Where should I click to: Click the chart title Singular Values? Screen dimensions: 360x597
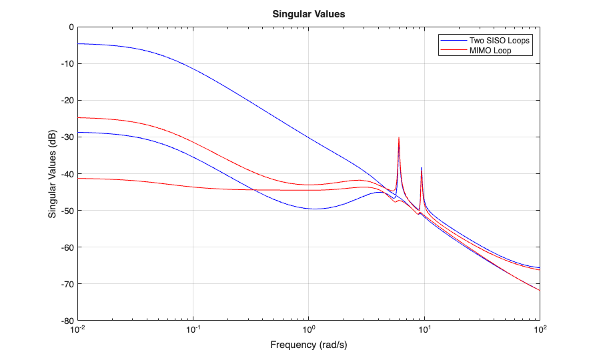[309, 14]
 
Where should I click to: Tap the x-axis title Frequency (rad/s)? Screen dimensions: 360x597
[309, 345]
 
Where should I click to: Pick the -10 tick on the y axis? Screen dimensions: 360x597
[67, 64]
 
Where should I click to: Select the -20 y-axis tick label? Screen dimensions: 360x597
[67, 101]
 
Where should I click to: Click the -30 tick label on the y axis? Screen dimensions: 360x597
[67, 137]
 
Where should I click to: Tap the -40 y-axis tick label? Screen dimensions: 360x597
[67, 174]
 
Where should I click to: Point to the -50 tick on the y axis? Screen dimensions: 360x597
[67, 211]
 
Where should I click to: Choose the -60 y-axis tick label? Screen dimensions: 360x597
[67, 247]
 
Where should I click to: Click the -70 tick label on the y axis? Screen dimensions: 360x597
[67, 284]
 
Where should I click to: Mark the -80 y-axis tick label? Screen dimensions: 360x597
[67, 321]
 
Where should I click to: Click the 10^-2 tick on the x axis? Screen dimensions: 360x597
[79, 330]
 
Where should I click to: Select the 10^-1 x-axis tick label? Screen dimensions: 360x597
[194, 330]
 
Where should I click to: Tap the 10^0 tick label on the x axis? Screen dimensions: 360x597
[309, 330]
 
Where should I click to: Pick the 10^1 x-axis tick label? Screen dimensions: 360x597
[424, 330]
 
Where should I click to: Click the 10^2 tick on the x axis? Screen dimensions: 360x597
[540, 330]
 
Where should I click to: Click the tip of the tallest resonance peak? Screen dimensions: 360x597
[399, 137]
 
